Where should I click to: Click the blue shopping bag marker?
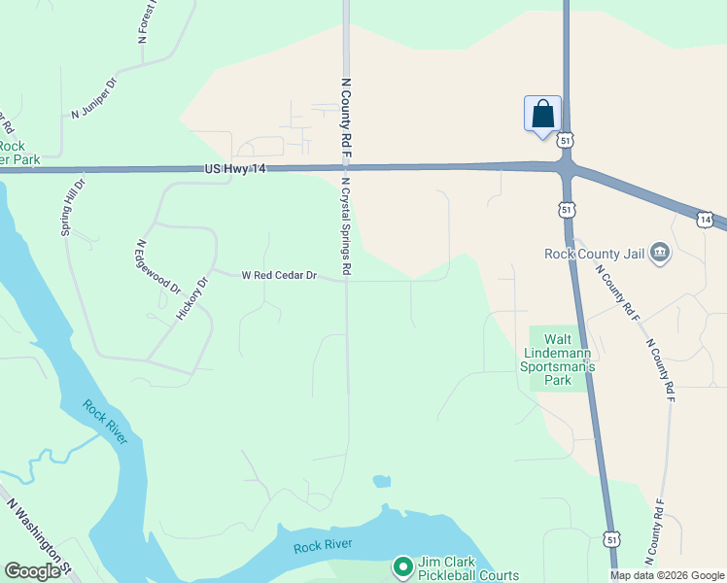point(542,113)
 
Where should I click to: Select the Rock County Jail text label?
point(595,255)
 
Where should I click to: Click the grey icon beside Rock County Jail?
point(660,254)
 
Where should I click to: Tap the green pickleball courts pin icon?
point(402,566)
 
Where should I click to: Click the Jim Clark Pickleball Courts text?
point(467,568)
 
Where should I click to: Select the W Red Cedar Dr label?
point(279,275)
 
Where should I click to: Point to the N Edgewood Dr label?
point(158,267)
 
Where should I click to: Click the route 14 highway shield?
point(706,220)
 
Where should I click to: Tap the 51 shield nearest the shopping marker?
point(565,140)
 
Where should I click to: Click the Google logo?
point(32,571)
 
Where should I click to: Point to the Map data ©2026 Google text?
point(666,575)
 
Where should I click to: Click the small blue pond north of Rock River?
point(381,481)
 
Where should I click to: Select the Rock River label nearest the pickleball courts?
point(323,547)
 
